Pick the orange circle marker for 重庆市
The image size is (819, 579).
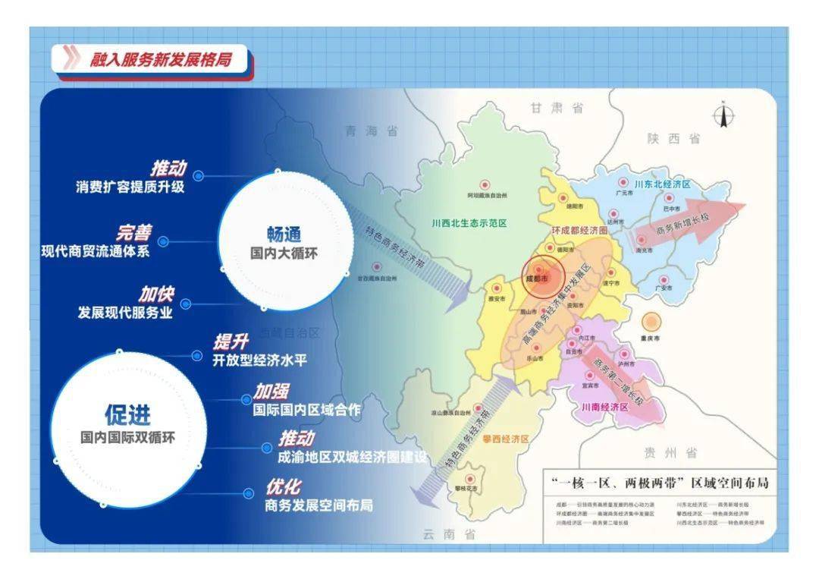[651, 321]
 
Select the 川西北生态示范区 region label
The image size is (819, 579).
[468, 223]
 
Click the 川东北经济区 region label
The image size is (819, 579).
[662, 184]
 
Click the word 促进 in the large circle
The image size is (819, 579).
[127, 414]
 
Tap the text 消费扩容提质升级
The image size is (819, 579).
[130, 187]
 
